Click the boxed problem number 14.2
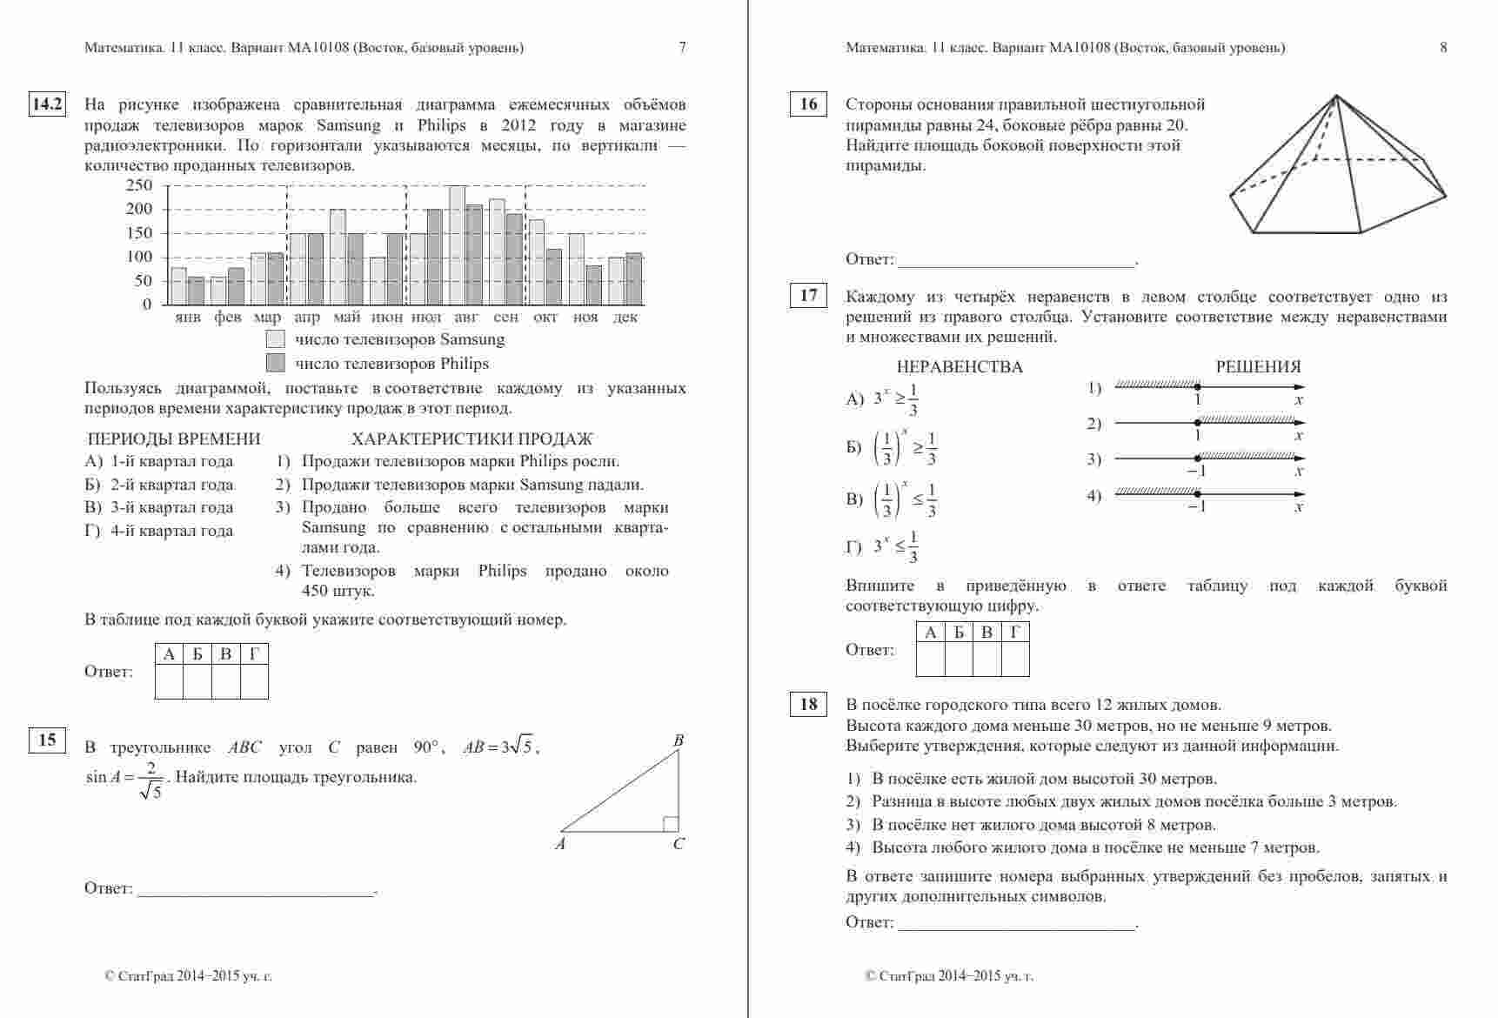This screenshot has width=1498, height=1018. [x=48, y=104]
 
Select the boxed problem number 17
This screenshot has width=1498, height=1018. [x=808, y=296]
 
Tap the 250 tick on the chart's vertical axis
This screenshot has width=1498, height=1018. [x=139, y=185]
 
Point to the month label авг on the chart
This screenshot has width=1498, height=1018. [x=466, y=318]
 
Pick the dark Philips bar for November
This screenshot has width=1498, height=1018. [x=594, y=285]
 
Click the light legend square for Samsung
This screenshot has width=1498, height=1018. [x=275, y=339]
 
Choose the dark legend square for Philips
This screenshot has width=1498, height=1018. [x=275, y=363]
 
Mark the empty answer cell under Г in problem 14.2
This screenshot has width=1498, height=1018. [x=254, y=681]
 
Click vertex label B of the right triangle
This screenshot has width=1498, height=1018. [x=679, y=740]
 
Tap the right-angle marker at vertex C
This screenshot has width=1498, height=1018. [x=671, y=823]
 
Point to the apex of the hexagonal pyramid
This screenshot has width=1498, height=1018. [x=1336, y=96]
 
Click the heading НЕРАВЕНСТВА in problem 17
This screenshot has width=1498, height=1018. [x=960, y=367]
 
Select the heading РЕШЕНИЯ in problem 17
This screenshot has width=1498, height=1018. [x=1258, y=367]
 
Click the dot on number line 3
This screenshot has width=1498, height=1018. [x=1198, y=458]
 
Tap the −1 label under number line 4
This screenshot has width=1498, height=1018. [x=1197, y=506]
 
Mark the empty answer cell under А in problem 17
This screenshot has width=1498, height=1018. [x=931, y=660]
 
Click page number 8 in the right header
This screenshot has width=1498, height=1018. [x=1443, y=48]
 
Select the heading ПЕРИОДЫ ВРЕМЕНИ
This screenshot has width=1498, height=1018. [x=174, y=439]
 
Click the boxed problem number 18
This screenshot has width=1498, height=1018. [x=808, y=704]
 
